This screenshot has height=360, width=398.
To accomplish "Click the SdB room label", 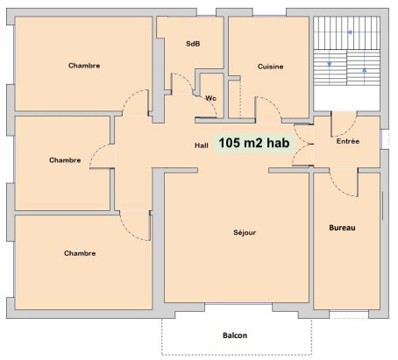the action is tap(193, 44).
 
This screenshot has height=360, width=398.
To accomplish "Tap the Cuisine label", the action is tap(270, 67).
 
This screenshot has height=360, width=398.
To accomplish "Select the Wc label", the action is tap(210, 98).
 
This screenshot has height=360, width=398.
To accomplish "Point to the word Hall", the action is tap(202, 145).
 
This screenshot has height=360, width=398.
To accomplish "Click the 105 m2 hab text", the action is tap(254, 143).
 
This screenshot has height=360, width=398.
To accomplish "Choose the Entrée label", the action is tap(348, 141).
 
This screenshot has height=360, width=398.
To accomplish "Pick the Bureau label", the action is tap(342, 228).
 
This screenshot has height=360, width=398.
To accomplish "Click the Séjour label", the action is tap(245, 232).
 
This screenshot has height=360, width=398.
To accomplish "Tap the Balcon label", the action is tap(235, 335).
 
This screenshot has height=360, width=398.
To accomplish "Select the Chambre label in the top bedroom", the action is tap(84, 66).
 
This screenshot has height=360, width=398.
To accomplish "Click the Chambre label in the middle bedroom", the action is tap(65, 160).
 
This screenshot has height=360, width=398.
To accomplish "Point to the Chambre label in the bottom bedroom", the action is tap(80, 253).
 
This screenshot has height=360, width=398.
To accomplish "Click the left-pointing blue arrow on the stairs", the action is tap(350, 32).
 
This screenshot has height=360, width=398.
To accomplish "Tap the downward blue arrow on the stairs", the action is tap(330, 64).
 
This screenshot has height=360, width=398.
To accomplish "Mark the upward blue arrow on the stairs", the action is tap(365, 70).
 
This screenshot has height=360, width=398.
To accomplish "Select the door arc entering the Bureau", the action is tap(339, 188).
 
